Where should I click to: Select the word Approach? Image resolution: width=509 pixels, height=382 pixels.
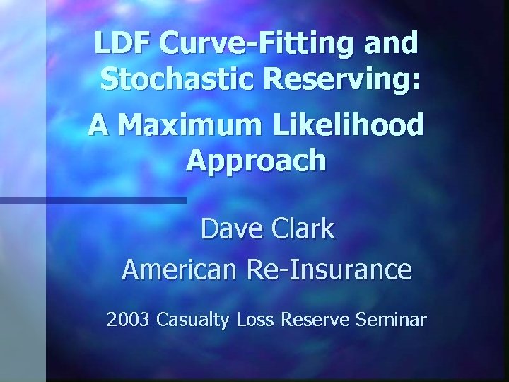(x=256, y=162)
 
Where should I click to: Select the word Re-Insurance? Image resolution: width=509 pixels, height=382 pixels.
(x=329, y=270)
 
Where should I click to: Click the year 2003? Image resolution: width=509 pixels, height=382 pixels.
(x=128, y=320)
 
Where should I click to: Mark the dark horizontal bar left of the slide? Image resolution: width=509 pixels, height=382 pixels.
(x=93, y=201)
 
